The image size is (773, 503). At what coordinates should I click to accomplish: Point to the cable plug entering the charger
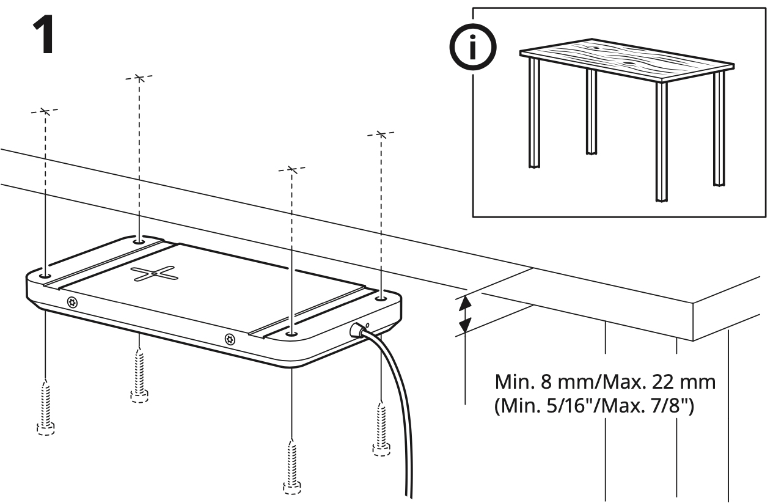pos(356,331)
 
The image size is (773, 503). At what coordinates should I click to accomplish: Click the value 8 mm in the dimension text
pos(555,384)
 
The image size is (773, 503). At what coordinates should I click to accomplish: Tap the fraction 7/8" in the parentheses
pos(674,406)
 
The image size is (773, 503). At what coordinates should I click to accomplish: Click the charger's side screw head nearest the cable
pos(230,338)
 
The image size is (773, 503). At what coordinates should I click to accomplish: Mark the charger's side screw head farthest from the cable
pos(72,302)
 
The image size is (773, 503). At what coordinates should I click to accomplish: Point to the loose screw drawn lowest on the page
pos(292,465)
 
